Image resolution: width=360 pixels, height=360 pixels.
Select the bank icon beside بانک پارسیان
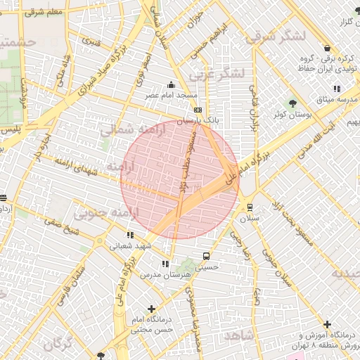click(198, 110)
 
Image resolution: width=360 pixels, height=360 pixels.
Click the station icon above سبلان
click(250, 207)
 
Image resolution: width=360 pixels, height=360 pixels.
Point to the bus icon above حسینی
click(206, 256)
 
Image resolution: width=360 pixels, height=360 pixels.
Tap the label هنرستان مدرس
click(166, 275)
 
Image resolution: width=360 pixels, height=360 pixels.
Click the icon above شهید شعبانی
click(130, 235)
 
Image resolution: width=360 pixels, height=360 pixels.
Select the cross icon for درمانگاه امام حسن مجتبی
click(151, 309)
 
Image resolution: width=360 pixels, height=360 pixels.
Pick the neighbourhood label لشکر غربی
click(220, 72)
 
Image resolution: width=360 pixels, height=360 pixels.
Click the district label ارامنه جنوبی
click(115, 211)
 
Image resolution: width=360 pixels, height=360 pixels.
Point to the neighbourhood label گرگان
click(58, 345)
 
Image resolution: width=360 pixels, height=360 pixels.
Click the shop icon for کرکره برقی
click(327, 48)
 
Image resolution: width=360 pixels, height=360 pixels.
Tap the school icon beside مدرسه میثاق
click(337, 89)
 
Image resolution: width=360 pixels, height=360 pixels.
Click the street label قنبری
click(91, 40)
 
